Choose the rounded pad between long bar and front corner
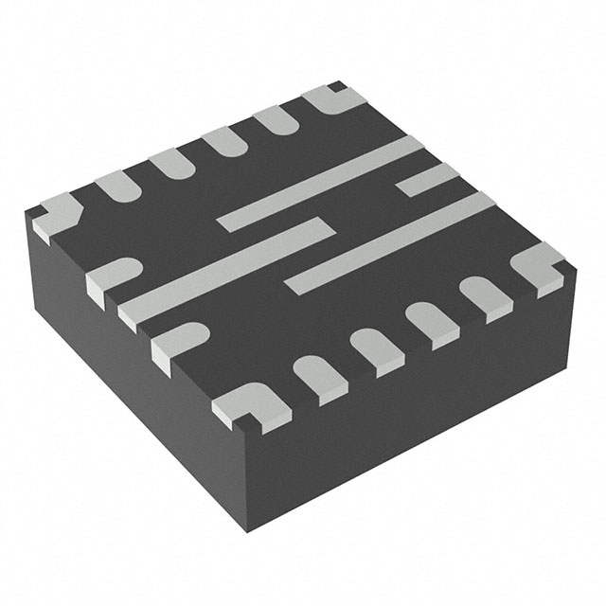pyautogui.click(x=177, y=341)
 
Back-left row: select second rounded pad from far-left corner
pyautogui.click(x=169, y=161)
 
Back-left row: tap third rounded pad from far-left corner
pyautogui.click(x=223, y=141)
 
